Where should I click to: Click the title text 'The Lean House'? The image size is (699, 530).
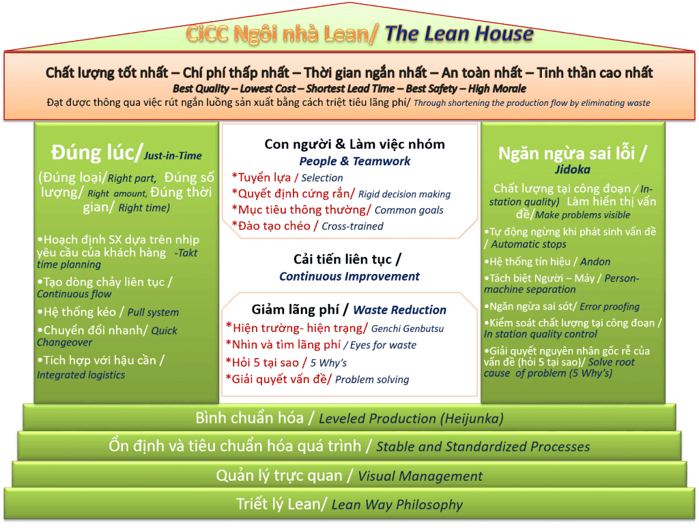459,34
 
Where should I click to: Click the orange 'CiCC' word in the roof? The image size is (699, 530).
208,34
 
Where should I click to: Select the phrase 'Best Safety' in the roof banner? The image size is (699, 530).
431,89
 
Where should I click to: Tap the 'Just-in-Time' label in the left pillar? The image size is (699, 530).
173,156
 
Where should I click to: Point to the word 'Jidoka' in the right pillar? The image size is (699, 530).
573,169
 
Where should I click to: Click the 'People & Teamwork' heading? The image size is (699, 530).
354,161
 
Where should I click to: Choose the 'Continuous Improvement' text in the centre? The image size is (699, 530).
349,277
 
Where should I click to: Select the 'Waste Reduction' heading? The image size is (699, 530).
399,309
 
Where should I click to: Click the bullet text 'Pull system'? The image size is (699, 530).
153,312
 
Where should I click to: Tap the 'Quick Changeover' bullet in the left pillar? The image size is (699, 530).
107,337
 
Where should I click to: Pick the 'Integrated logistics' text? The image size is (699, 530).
81,375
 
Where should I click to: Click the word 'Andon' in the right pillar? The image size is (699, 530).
595,262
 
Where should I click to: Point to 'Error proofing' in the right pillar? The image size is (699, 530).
610,307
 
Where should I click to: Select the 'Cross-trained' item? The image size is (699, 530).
352,226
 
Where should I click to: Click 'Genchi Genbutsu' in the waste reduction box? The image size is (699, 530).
408,329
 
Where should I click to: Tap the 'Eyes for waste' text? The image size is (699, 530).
383,346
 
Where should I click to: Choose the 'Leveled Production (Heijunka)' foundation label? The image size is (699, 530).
411,419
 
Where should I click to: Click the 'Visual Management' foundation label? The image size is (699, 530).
420,476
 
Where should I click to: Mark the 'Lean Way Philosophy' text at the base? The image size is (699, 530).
397,505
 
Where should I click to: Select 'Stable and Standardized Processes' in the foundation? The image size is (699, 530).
483,447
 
